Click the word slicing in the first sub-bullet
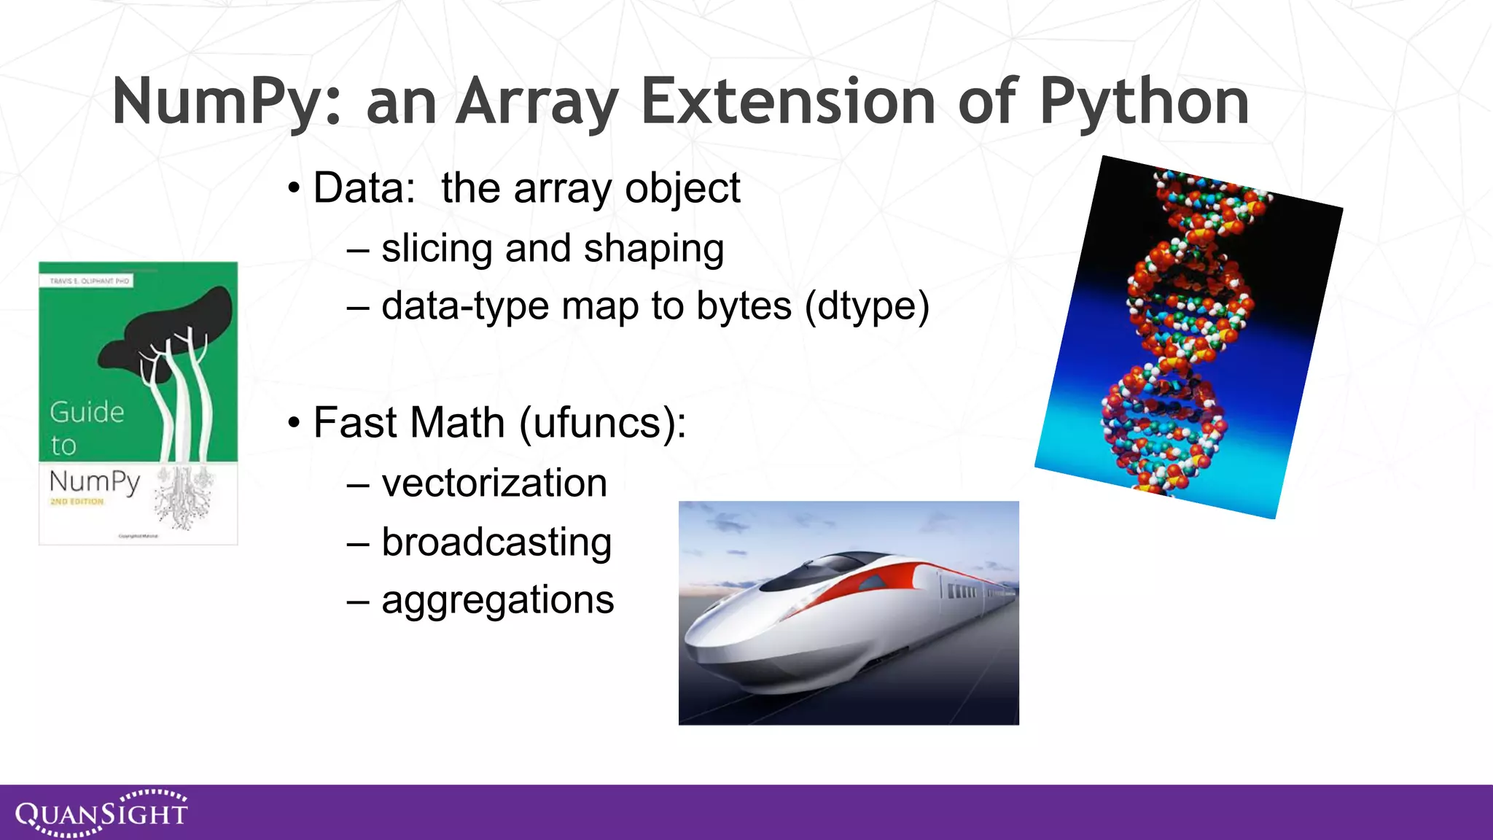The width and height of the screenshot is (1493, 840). (x=437, y=249)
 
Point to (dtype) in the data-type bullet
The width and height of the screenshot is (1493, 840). (x=867, y=306)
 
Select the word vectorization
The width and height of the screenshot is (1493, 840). (x=494, y=483)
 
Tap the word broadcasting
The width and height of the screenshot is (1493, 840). (x=496, y=542)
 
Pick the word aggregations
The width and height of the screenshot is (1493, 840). (x=498, y=600)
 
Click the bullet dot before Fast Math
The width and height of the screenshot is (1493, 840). (x=294, y=423)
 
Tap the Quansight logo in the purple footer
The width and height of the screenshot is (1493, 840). (x=101, y=812)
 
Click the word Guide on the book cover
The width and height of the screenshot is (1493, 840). (x=87, y=412)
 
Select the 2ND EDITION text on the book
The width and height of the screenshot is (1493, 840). (x=77, y=502)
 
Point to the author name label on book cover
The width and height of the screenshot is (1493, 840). (x=89, y=281)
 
